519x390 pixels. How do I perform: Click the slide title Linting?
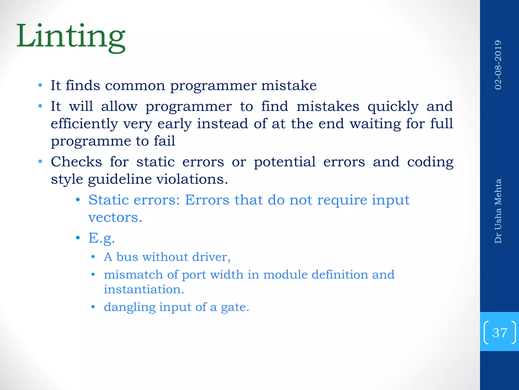tap(71, 37)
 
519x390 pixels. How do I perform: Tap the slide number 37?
tap(499, 333)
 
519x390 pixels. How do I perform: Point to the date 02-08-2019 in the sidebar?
tap(498, 65)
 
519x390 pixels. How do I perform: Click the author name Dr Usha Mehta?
tap(498, 211)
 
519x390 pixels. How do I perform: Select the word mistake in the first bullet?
tap(289, 85)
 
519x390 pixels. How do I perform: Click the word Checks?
tap(76, 162)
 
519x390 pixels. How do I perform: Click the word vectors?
tap(115, 218)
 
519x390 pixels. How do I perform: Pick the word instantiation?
tap(144, 289)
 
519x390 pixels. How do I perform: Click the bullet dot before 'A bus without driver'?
tap(93, 257)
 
